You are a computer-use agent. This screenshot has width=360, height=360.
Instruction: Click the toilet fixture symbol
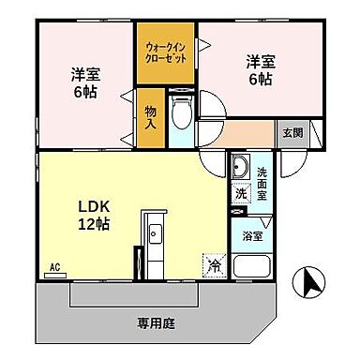[x=182, y=111]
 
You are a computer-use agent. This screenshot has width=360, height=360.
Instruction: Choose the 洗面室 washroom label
[x=262, y=177]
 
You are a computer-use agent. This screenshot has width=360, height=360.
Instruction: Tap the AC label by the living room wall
[x=54, y=268]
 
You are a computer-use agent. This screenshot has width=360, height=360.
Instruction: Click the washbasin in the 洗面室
[x=240, y=170]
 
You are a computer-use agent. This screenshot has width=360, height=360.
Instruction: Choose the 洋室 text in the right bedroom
[x=260, y=63]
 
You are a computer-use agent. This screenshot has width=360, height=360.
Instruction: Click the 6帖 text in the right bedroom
[x=260, y=82]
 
